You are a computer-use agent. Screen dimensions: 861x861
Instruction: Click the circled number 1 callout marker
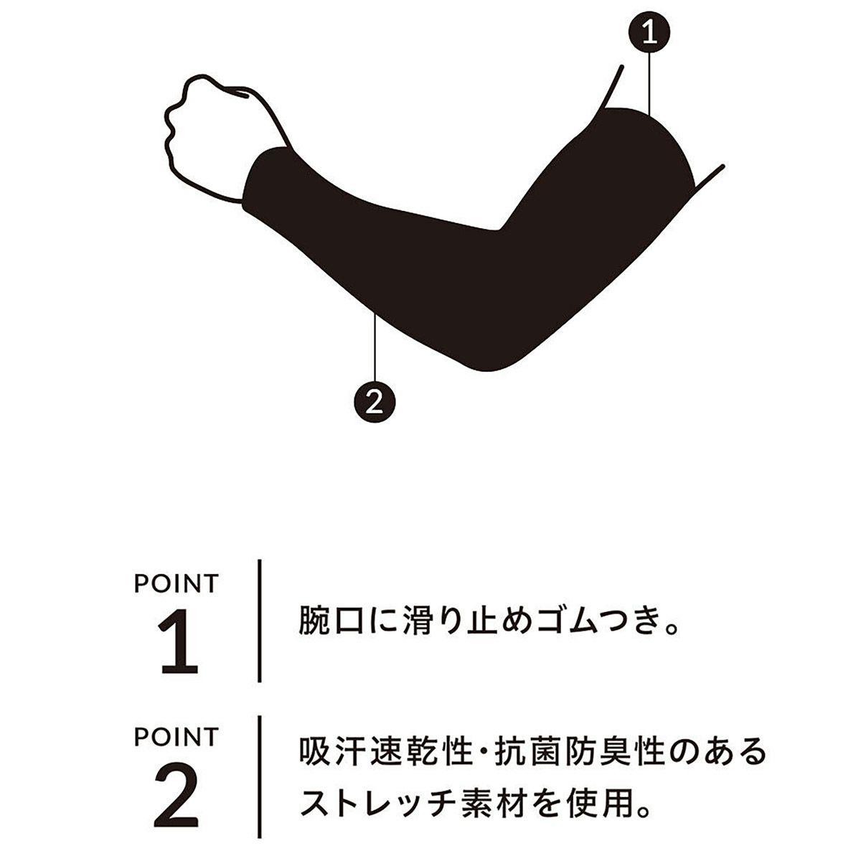click(x=649, y=32)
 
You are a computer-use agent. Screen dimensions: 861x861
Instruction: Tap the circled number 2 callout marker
click(x=375, y=402)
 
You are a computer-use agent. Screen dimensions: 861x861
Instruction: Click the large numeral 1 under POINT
click(x=178, y=646)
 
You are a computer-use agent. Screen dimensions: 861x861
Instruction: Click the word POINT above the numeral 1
click(x=177, y=583)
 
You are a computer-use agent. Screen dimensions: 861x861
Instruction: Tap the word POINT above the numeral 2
click(x=177, y=737)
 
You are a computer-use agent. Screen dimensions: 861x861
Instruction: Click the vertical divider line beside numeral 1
click(x=260, y=621)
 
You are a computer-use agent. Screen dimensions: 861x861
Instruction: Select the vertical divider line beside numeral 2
click(x=260, y=778)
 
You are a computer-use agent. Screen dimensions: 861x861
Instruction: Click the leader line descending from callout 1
click(x=649, y=83)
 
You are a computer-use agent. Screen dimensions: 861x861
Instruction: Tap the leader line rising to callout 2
click(x=375, y=348)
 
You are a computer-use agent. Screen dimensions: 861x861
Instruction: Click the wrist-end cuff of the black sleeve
click(x=259, y=177)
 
